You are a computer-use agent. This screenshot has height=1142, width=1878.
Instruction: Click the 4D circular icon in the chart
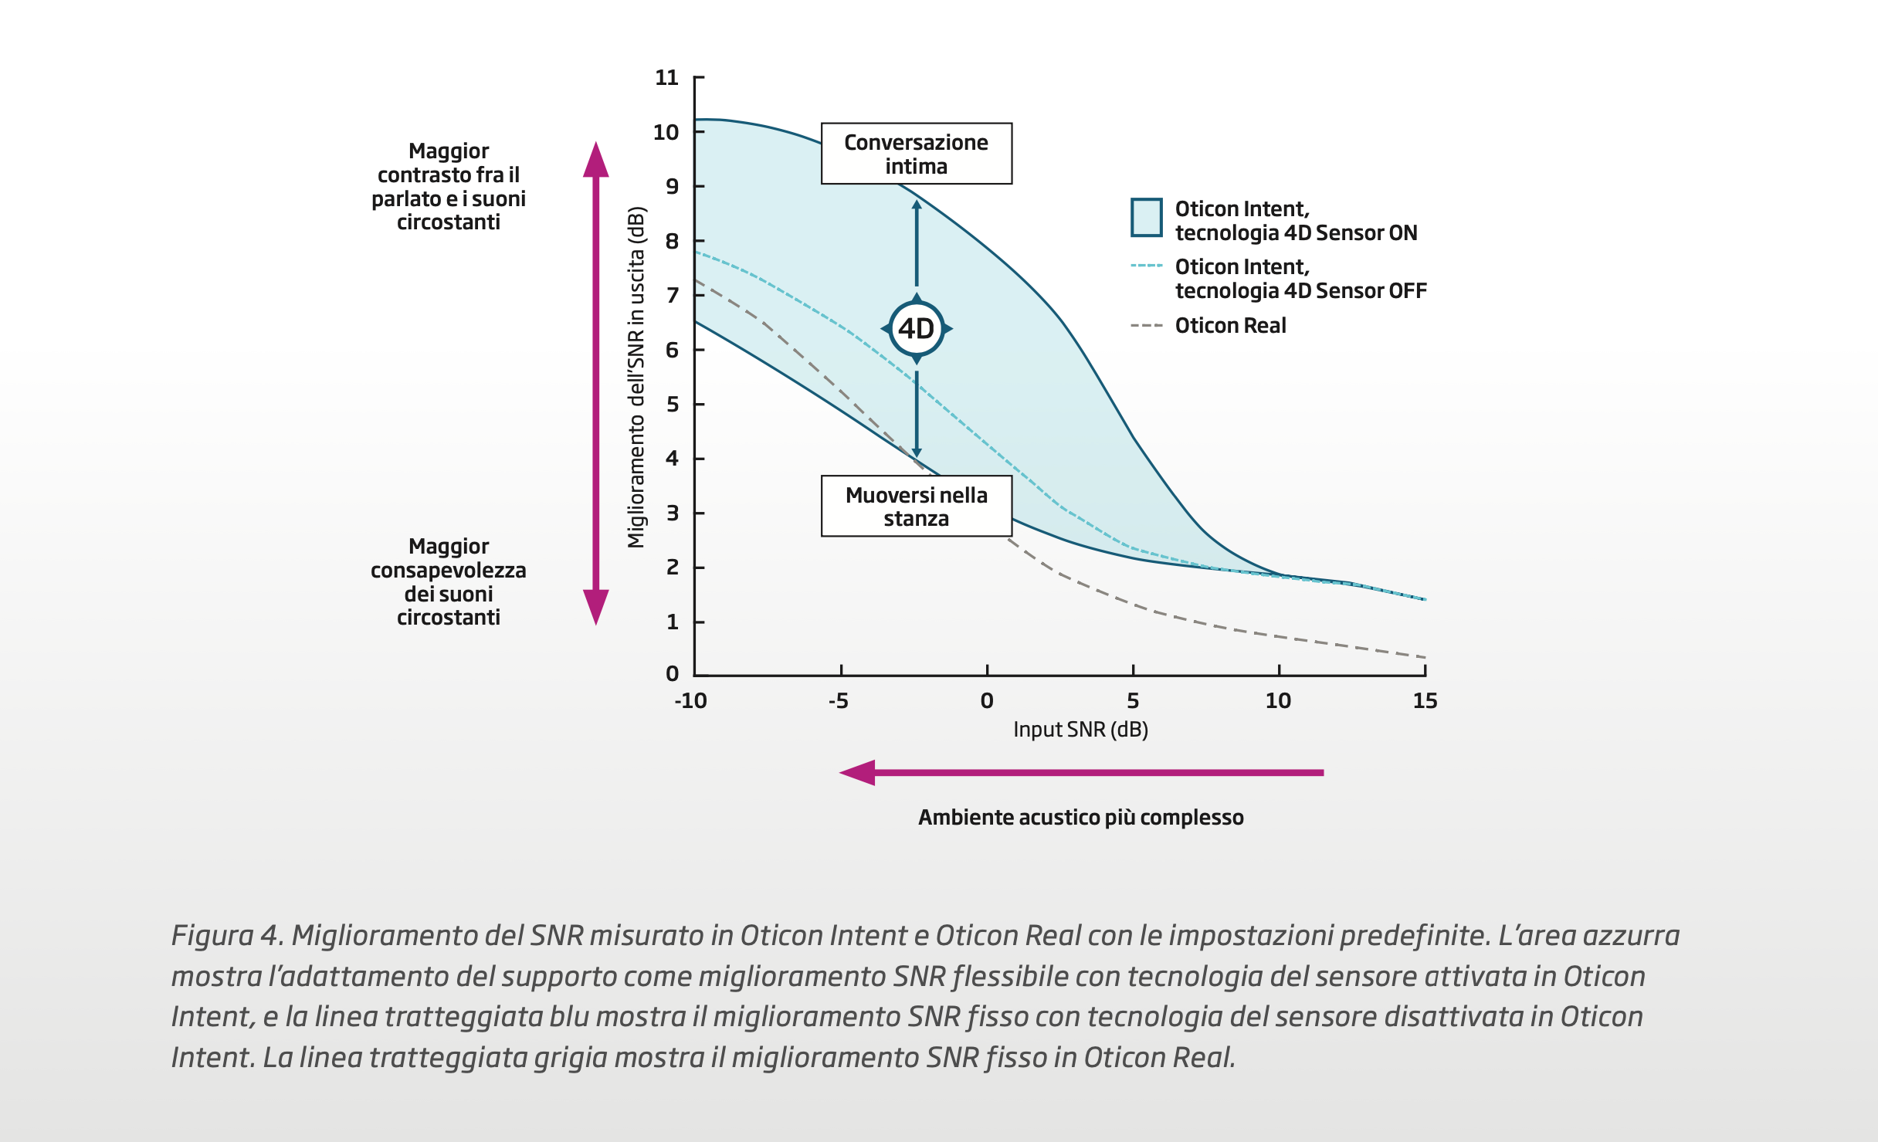tap(917, 329)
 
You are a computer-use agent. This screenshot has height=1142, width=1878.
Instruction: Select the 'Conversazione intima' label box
tap(916, 154)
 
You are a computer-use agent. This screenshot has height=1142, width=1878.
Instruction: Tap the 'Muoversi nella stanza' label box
tap(916, 506)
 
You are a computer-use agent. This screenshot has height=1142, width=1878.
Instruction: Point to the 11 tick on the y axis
tap(666, 77)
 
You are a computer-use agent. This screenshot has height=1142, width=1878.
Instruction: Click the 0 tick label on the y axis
tap(672, 674)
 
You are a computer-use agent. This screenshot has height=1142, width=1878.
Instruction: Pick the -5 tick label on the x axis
tap(839, 701)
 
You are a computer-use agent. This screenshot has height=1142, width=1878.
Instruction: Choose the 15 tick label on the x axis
tap(1425, 701)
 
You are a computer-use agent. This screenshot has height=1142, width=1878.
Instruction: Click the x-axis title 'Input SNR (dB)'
tap(1080, 730)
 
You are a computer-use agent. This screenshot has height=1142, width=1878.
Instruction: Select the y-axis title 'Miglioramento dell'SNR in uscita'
tap(636, 377)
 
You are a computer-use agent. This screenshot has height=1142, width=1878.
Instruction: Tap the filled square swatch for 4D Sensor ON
tap(1146, 217)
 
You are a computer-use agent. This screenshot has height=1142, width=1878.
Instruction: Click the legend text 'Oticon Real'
tap(1230, 326)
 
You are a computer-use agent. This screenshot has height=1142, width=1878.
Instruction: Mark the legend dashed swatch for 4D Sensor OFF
tap(1146, 266)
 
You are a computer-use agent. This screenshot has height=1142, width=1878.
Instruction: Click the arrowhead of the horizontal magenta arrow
tap(858, 772)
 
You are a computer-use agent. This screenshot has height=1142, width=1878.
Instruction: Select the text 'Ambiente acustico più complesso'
tap(1080, 818)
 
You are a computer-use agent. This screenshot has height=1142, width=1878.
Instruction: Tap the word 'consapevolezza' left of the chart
tap(448, 571)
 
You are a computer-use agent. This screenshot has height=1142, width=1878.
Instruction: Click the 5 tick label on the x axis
tap(1133, 701)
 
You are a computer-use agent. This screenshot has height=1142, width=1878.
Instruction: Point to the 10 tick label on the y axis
tap(666, 132)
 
